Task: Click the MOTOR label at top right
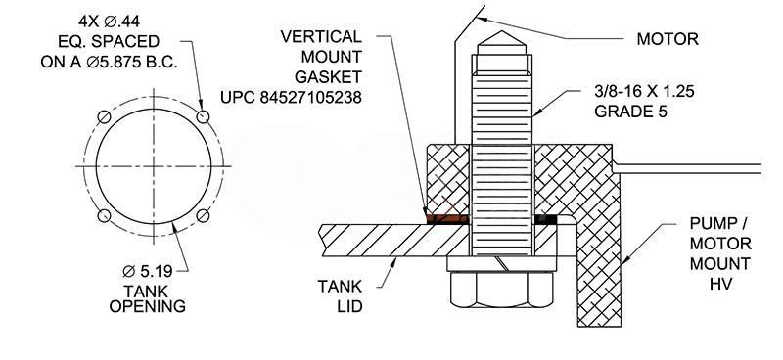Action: [x=668, y=39]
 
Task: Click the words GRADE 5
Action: [x=630, y=112]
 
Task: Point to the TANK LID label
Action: [x=340, y=295]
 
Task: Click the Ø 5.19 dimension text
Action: [x=148, y=271]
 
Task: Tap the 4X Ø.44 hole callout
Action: [x=110, y=22]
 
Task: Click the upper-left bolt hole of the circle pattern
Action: [x=104, y=116]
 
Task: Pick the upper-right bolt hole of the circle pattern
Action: [x=203, y=116]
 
